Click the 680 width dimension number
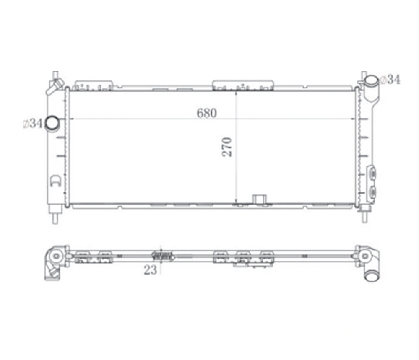(x=206, y=113)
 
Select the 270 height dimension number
(x=227, y=147)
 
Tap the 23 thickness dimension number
(x=150, y=270)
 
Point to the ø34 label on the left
(x=32, y=123)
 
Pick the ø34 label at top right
(x=390, y=80)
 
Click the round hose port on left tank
(x=52, y=124)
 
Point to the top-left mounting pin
(x=55, y=75)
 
